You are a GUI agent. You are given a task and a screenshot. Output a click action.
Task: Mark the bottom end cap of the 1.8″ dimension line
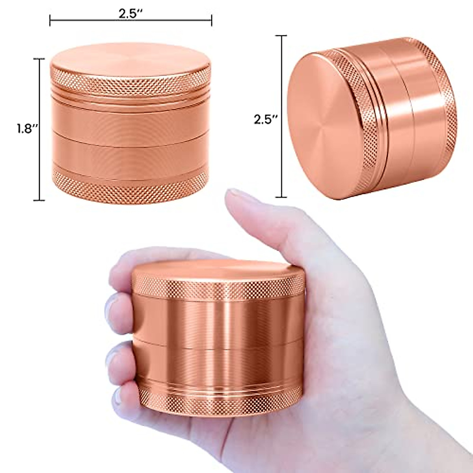[x=39, y=200]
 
